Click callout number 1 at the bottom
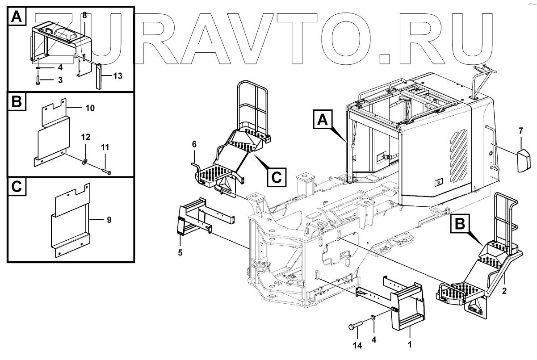(x=410, y=345)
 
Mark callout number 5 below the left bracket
(x=180, y=252)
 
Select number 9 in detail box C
(x=109, y=219)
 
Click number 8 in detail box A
(x=84, y=15)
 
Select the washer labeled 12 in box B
(x=85, y=161)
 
